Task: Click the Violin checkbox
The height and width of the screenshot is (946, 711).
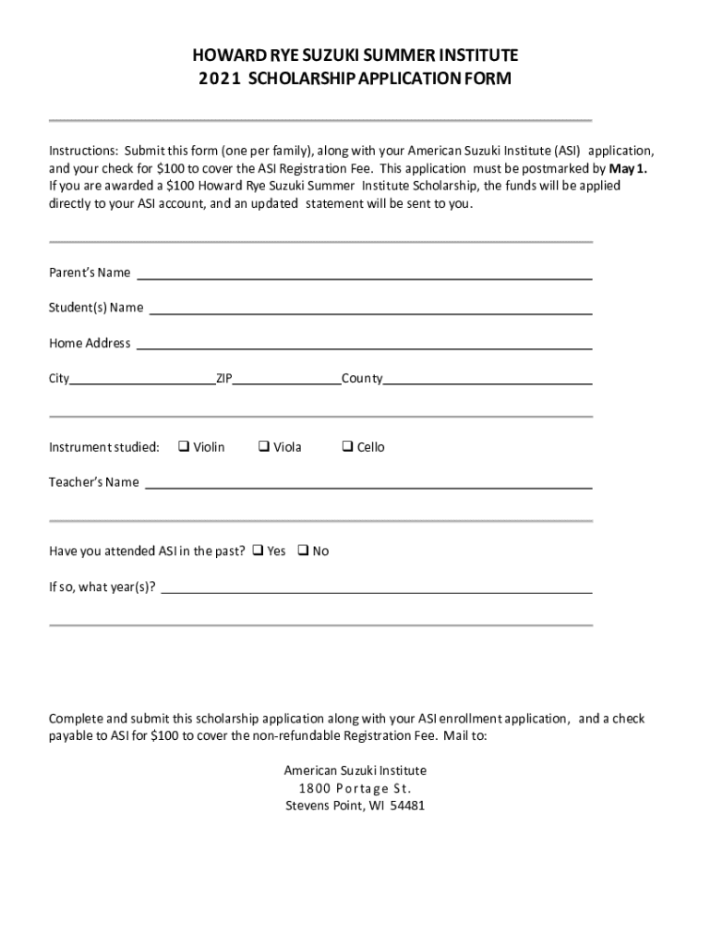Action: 184,447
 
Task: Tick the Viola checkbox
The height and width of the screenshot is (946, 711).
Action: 263,447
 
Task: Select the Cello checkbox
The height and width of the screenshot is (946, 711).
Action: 347,447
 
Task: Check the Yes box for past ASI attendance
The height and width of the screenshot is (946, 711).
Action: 258,552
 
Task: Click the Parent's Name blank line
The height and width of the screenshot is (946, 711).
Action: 365,274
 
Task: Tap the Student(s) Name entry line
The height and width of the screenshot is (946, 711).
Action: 370,309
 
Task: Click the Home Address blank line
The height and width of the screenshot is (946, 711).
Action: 365,345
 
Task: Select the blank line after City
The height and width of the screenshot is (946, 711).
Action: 143,380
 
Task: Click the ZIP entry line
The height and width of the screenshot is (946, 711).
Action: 286,380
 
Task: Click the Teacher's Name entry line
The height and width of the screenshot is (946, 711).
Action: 368,483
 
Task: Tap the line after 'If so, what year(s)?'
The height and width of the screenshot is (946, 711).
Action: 377,588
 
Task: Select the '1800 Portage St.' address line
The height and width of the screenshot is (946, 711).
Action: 355,788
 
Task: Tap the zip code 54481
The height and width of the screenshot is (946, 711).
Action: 407,806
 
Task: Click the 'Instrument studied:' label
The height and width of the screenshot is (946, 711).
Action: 104,448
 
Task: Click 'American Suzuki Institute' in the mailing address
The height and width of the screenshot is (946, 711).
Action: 355,770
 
